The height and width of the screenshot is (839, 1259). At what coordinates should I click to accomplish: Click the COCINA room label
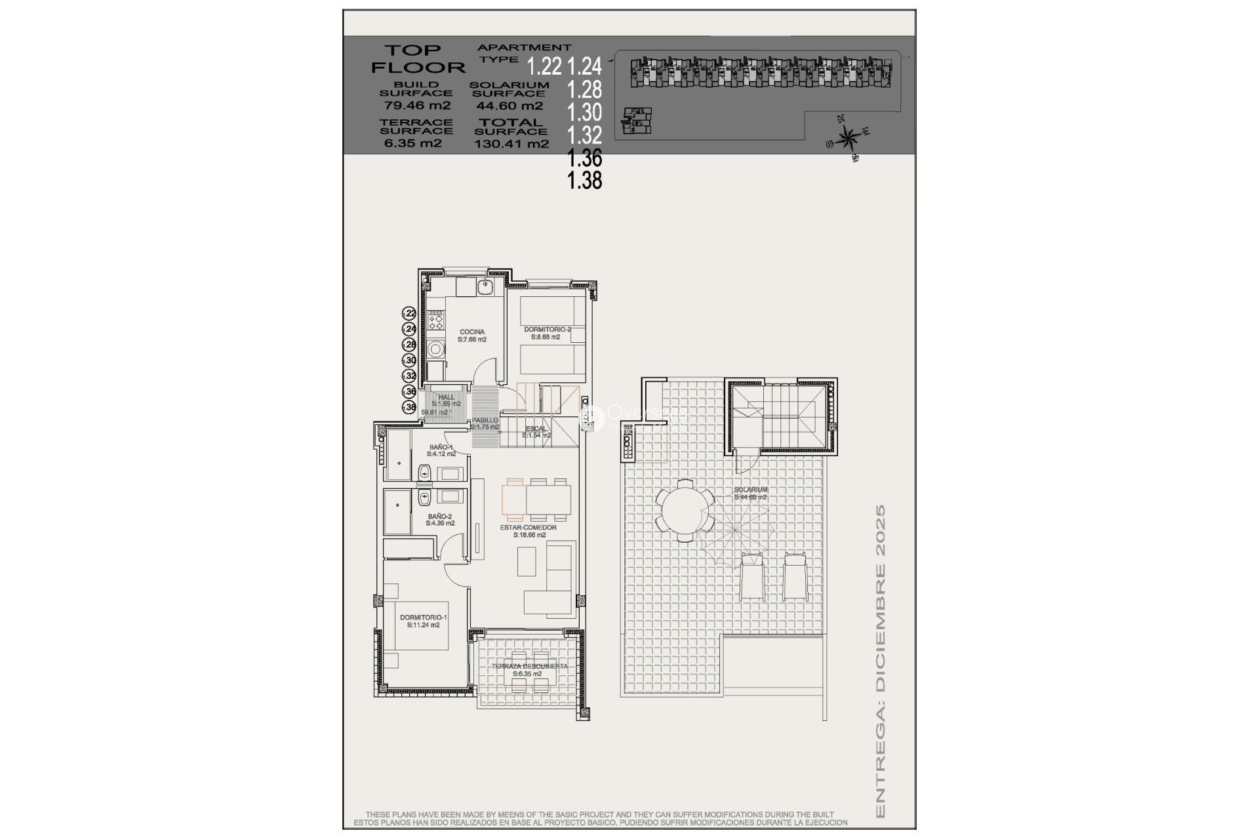pos(472,332)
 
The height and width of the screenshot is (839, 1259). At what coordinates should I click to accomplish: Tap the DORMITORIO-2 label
pos(548,330)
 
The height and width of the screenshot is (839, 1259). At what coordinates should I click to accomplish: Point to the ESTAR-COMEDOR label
pos(528,528)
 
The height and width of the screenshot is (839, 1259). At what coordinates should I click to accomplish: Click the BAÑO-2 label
pos(439,517)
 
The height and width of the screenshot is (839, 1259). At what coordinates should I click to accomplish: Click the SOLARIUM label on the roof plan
pos(751,490)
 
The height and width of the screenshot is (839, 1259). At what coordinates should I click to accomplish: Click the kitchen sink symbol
pos(486,286)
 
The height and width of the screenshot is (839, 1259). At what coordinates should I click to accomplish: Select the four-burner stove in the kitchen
pos(435,321)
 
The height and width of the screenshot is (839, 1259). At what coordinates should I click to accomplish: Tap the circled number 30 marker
pos(410,361)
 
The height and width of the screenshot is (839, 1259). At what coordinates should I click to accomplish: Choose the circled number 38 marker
pos(410,407)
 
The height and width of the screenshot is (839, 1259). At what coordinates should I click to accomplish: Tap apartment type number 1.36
pos(585,158)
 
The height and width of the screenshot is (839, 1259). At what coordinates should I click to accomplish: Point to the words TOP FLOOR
pos(417,58)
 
